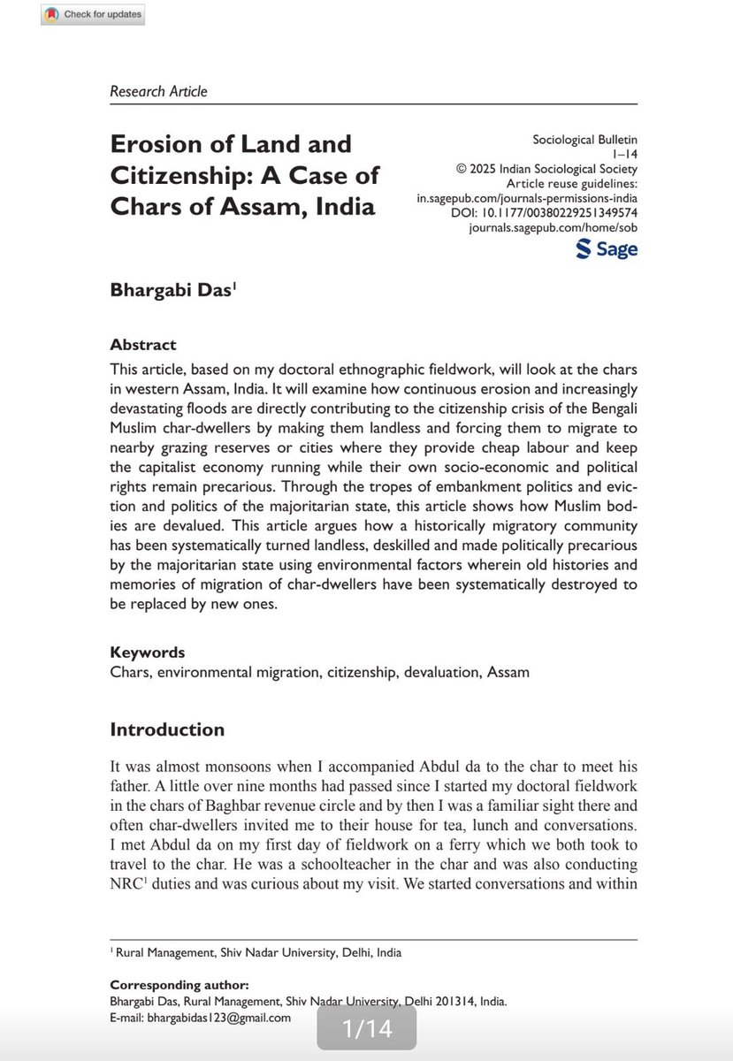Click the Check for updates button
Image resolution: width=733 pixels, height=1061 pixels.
pos(91,15)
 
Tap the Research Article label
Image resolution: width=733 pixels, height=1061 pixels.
pos(158,91)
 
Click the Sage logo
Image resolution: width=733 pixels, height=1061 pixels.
pos(607,249)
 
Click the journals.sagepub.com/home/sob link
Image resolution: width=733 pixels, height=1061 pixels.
pos(554,228)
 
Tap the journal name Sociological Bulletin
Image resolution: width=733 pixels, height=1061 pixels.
pos(584,140)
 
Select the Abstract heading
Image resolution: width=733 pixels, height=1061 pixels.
pos(143,345)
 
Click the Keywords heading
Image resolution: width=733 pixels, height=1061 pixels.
pos(147,653)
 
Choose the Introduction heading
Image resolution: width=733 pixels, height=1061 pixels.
pos(167,729)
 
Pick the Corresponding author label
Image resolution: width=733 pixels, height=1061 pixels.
pos(179,985)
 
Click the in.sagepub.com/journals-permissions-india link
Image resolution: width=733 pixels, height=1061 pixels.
pos(527,198)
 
